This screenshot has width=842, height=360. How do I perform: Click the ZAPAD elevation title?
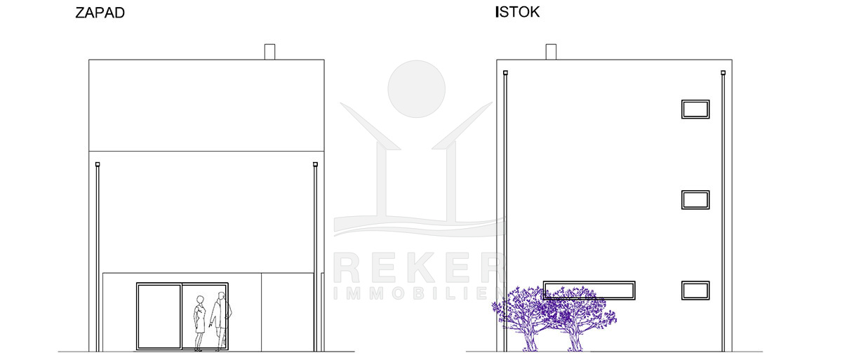click(100, 13)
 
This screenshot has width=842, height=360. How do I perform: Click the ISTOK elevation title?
click(518, 12)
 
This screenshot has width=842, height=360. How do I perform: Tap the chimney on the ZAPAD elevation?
click(269, 52)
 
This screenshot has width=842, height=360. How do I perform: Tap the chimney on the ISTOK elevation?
click(551, 52)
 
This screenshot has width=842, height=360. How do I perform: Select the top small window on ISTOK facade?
click(695, 109)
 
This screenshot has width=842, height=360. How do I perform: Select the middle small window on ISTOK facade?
click(695, 200)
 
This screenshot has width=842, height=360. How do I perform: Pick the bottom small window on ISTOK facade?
click(695, 291)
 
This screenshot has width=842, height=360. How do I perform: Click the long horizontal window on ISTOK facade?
click(589, 290)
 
